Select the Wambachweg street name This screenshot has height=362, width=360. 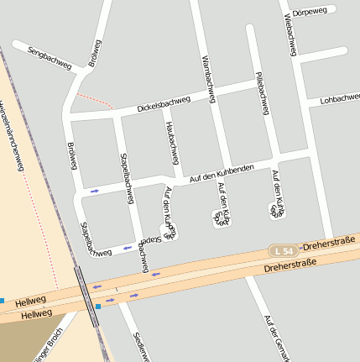click(x=209, y=80)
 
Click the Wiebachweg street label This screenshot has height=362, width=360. click(x=290, y=34)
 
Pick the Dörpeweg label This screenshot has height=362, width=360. click(x=310, y=12)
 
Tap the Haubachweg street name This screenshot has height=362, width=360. click(x=172, y=142)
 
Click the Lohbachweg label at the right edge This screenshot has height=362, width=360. click(x=339, y=98)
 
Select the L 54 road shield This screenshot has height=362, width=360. click(x=284, y=251)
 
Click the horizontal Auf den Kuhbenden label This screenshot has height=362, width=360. click(x=222, y=173)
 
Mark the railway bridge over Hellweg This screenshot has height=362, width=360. click(x=86, y=296)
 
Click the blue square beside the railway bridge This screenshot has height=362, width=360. click(x=98, y=307)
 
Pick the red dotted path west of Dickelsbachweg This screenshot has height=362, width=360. click(x=93, y=101)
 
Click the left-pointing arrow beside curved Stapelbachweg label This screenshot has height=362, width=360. click(x=127, y=248)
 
